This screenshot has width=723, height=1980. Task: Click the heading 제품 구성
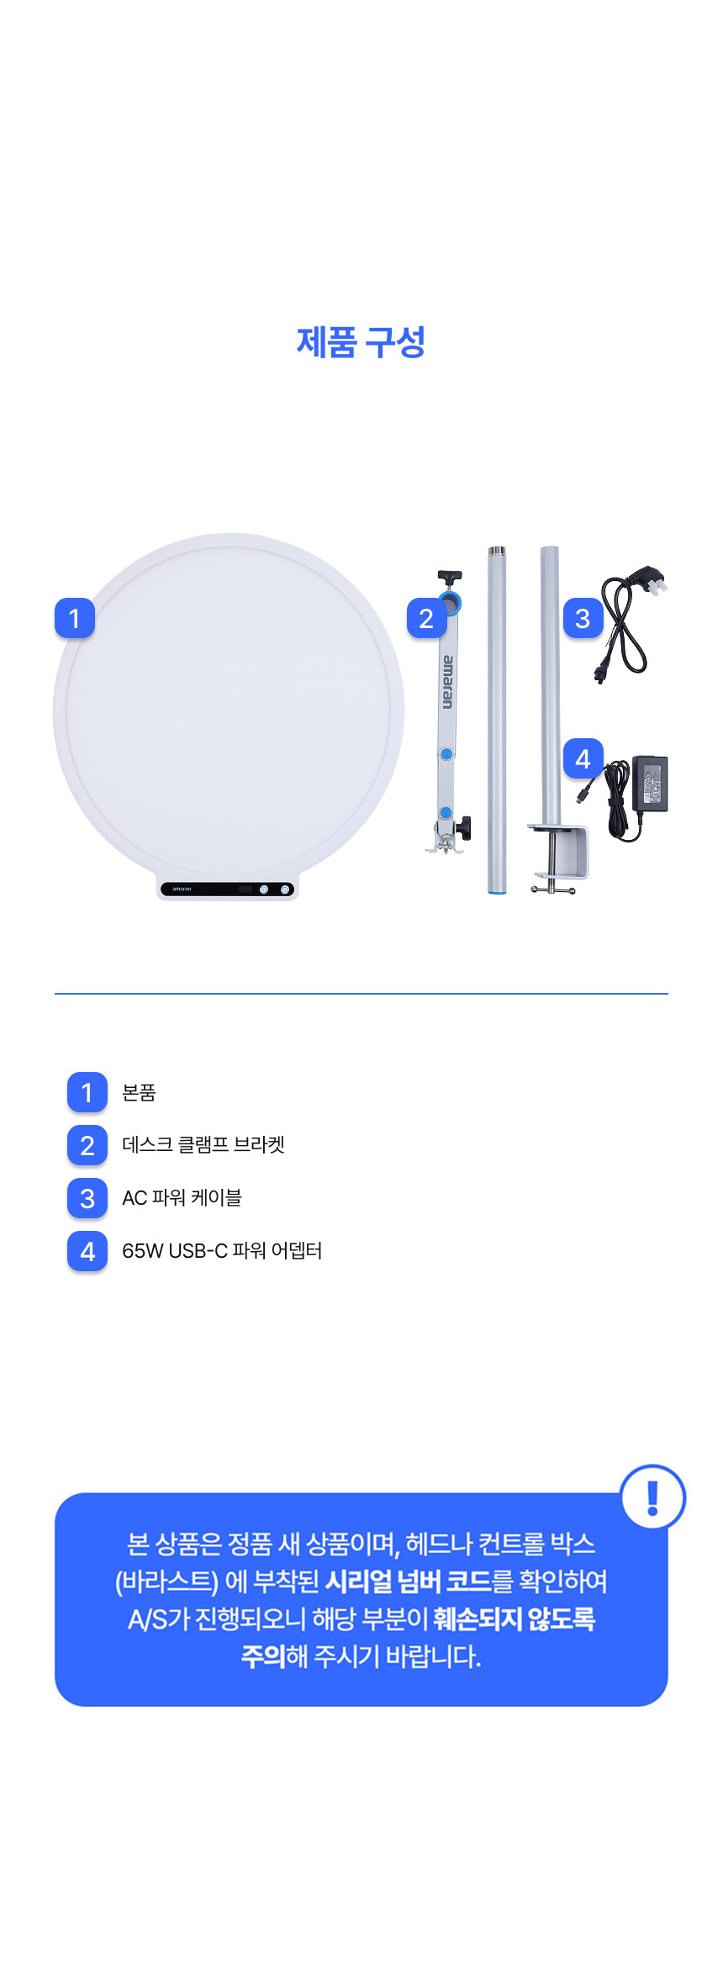tap(361, 342)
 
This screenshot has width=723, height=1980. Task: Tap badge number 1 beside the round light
tap(75, 618)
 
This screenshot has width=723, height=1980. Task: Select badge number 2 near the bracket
tap(426, 618)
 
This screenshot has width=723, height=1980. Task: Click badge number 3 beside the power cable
tap(583, 618)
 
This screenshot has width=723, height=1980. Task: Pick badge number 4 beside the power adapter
tap(583, 758)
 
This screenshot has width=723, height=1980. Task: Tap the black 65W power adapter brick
tap(649, 783)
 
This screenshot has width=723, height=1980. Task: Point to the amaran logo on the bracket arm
tap(447, 682)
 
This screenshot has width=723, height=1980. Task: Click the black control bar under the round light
tap(227, 889)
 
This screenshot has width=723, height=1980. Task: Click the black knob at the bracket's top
tap(451, 577)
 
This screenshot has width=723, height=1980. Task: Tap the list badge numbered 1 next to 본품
tap(87, 1092)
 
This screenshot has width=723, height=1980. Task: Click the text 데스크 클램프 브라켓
tap(203, 1144)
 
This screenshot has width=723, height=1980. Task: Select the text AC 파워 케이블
tap(182, 1197)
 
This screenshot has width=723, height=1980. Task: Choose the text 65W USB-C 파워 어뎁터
tap(222, 1250)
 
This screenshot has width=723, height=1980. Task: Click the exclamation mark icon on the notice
tap(652, 1497)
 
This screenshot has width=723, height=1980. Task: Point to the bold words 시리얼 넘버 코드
tap(409, 1581)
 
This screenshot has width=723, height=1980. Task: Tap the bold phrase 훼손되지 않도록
tap(515, 1618)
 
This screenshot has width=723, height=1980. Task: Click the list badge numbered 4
tap(87, 1251)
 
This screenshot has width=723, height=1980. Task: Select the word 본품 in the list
tap(139, 1092)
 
